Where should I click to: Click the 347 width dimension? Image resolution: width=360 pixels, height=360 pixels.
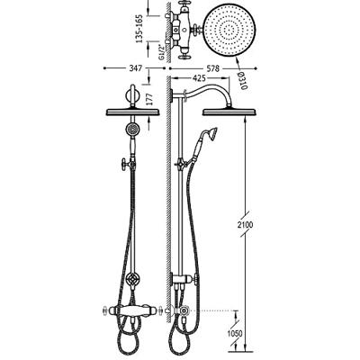(135, 68)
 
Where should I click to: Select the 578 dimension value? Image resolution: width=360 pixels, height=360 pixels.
(212, 68)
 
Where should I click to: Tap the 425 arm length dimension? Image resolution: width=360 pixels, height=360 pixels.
(199, 78)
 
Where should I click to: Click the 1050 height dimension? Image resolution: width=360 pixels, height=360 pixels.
(235, 333)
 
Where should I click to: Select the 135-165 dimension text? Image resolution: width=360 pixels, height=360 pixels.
(139, 29)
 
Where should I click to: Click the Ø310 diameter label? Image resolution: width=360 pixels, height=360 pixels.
(243, 81)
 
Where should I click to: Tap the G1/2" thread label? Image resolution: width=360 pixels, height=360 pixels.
(161, 52)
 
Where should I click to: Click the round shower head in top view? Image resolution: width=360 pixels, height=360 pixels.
(229, 31)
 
